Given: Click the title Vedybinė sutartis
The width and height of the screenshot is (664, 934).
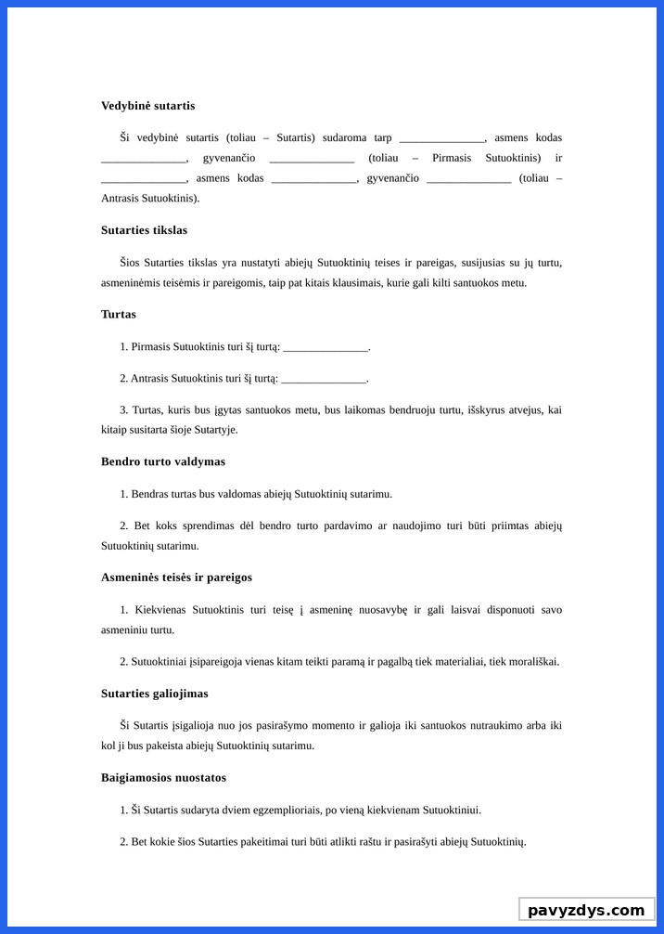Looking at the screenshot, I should coord(147,106).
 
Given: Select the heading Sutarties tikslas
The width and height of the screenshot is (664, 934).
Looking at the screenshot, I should coord(144,230).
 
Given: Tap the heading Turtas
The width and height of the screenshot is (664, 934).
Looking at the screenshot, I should coord(119,315).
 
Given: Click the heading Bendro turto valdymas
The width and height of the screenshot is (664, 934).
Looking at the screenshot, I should coord(162,461).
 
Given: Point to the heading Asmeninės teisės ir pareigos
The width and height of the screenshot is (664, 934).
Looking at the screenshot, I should coord(176,577).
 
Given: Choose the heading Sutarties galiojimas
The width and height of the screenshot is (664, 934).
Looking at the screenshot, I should coord(154,694).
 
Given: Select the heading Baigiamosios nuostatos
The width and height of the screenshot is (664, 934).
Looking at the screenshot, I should coord(163,777).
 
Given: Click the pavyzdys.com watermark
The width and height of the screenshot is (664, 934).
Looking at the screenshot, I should coord(586,910).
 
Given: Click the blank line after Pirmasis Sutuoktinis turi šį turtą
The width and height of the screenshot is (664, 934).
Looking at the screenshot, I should coord(326,348).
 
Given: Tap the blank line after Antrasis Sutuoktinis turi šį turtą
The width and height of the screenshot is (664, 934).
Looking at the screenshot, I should coord(324,380).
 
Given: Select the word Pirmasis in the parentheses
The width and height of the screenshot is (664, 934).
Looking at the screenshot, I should coord(452,158).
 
